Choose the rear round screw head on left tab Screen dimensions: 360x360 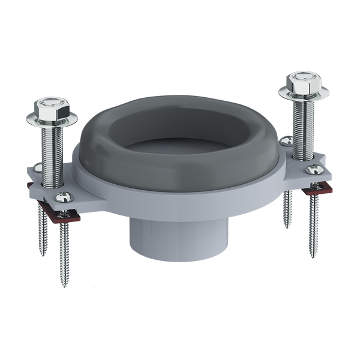point(37,169)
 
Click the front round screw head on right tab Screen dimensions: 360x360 point(313,170)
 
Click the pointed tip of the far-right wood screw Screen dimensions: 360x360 point(313,256)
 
